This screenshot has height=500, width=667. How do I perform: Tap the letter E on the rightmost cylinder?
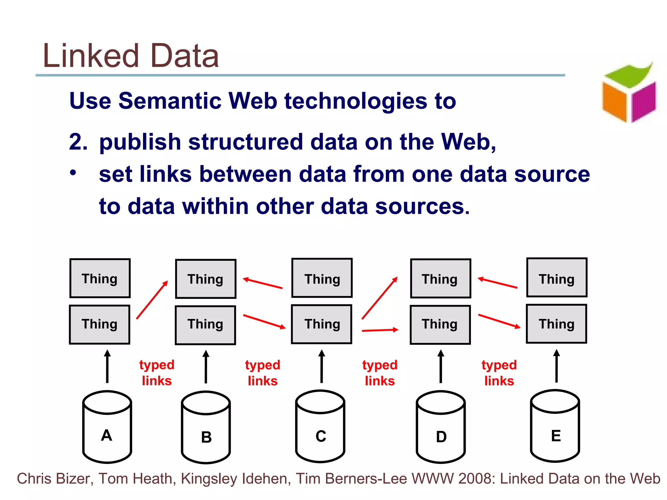pos(556,436)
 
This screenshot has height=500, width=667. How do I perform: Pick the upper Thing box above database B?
pos(206,279)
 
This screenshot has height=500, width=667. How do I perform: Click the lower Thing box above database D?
pos(440,325)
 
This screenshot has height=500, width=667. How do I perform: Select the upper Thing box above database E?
pos(557,278)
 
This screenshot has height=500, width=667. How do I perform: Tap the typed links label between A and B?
pos(157,373)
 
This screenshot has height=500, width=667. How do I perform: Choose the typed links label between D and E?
pos(499,373)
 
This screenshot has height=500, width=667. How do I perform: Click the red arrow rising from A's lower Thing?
pos(152,300)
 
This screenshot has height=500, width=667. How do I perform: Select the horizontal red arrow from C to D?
pos(380,330)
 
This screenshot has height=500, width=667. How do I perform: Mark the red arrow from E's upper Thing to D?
pos(497,283)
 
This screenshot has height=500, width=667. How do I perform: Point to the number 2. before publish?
pos(78,142)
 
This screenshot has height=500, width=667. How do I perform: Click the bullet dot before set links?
pos(73,173)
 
